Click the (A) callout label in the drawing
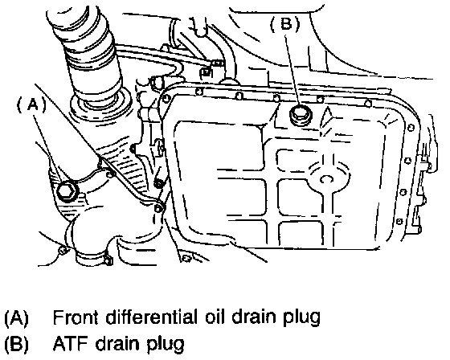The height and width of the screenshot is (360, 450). pos(31,105)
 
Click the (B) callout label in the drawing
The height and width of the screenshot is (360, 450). pos(285,24)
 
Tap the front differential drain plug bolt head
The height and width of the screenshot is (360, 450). pos(67,191)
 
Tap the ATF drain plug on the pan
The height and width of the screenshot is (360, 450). pos(301,115)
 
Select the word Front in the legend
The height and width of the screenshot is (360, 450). pos(76,317)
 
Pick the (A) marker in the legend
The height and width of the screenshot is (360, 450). pos(16,317)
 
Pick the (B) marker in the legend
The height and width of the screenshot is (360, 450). pos(16,344)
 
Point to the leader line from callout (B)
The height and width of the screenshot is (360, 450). pos(293,71)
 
